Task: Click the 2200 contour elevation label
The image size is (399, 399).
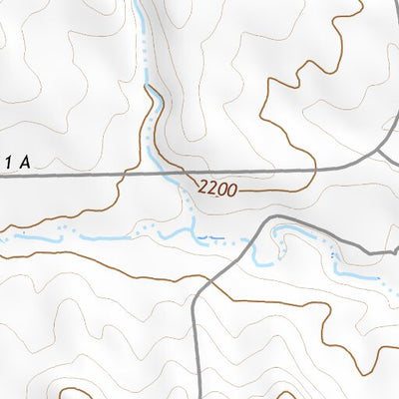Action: tap(216, 188)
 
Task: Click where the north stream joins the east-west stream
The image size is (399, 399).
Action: tap(191, 230)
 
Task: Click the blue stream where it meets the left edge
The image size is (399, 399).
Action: tap(3, 237)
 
